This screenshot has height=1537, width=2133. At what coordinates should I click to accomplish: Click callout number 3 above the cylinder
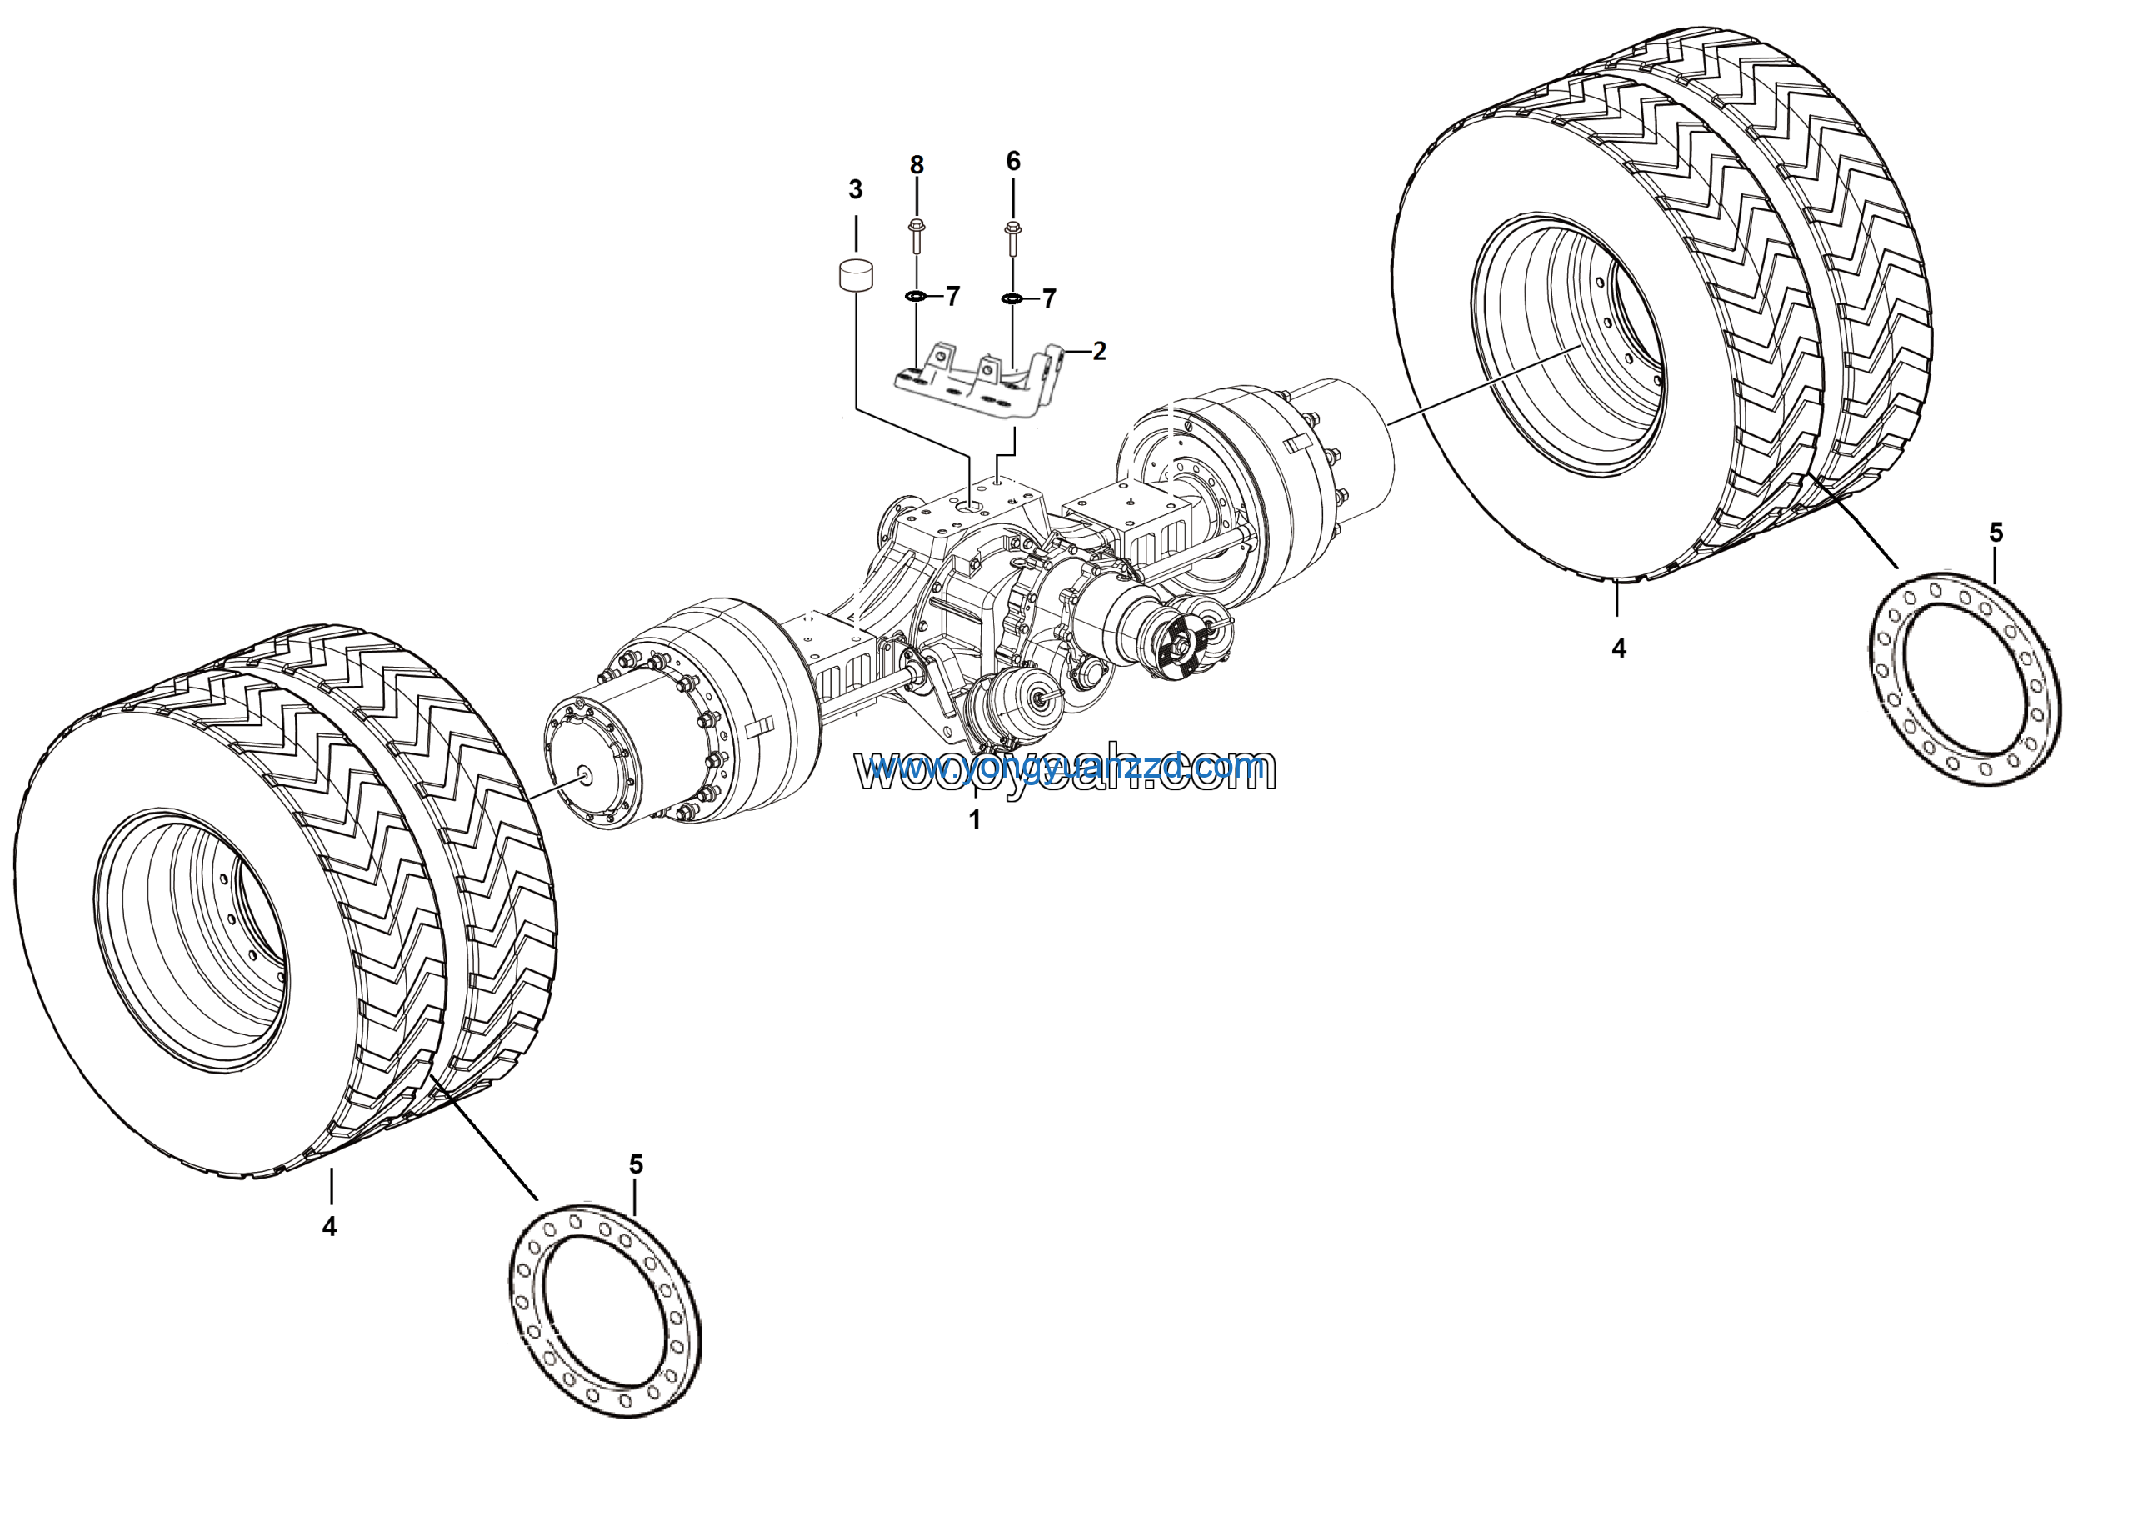[x=855, y=190]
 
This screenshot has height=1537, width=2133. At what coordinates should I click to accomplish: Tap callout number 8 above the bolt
[x=917, y=166]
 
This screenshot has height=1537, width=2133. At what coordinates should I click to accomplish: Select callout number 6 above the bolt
[x=1013, y=161]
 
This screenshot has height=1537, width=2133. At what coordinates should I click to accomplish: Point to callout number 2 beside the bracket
[x=1100, y=351]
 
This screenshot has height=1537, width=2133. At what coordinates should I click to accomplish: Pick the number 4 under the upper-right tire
[x=1619, y=648]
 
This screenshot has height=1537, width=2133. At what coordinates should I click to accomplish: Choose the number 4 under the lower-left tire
[x=329, y=1227]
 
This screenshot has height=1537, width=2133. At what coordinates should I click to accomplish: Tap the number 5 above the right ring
[x=1996, y=533]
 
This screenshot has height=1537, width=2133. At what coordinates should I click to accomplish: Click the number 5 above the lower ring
[x=636, y=1165]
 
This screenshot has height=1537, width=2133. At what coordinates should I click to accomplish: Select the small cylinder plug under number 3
[x=855, y=277]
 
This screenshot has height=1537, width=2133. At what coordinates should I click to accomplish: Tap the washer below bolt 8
[x=915, y=298]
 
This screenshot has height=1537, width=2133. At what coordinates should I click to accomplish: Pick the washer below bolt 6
[x=1012, y=299]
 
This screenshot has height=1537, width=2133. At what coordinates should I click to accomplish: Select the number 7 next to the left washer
[x=952, y=296]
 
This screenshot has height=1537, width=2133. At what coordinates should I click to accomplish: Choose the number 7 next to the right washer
[x=1050, y=299]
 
